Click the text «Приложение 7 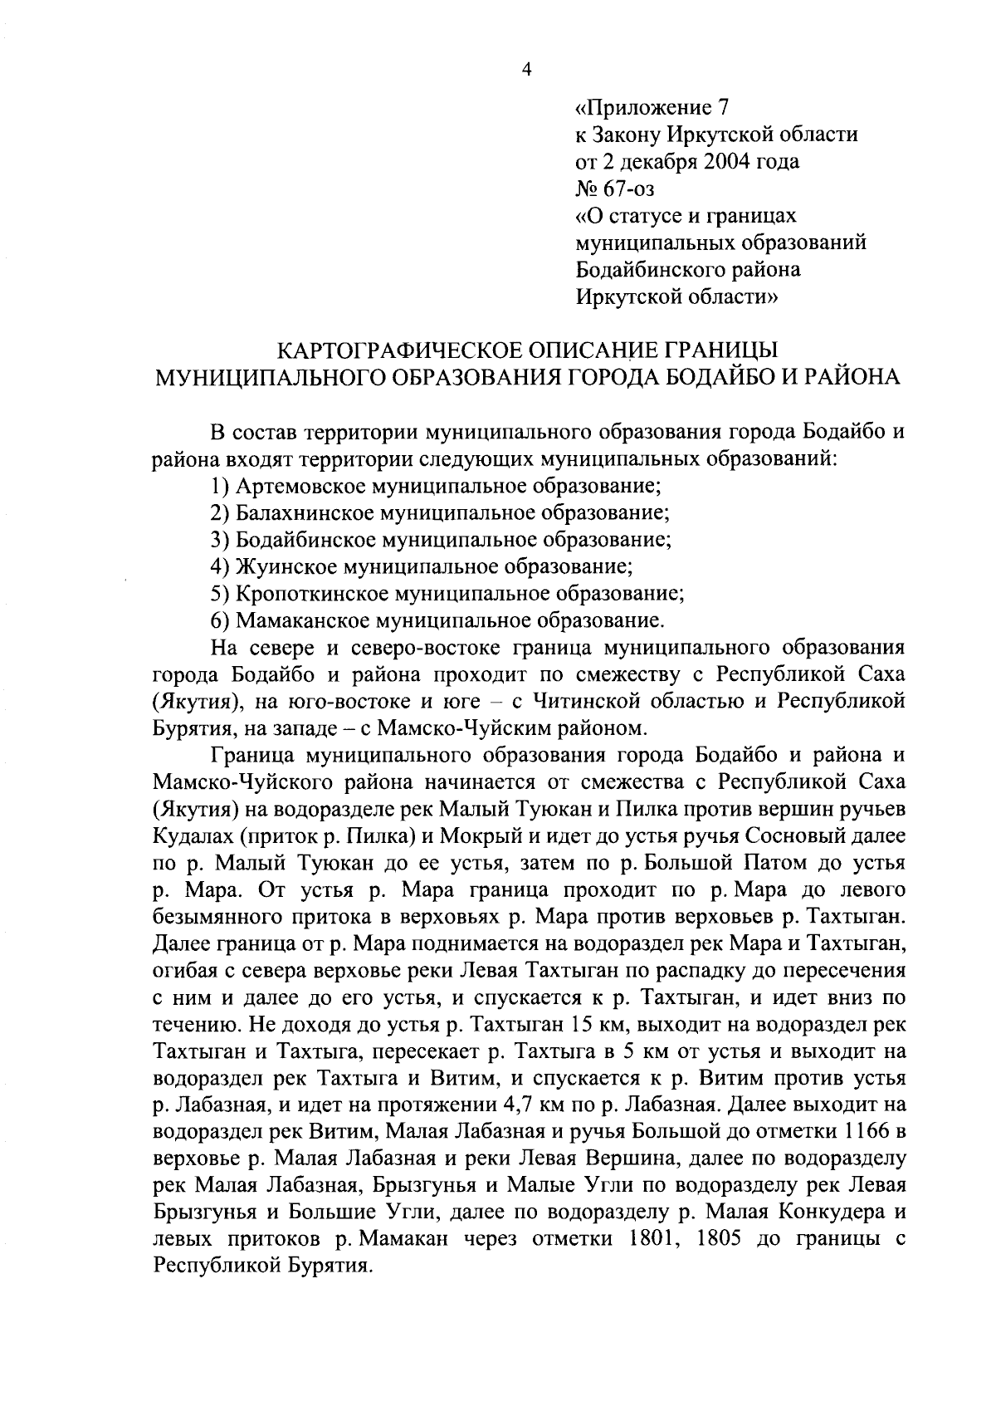click(x=652, y=108)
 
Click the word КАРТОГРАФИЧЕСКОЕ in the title click(x=383, y=350)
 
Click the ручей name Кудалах click(x=193, y=836)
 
